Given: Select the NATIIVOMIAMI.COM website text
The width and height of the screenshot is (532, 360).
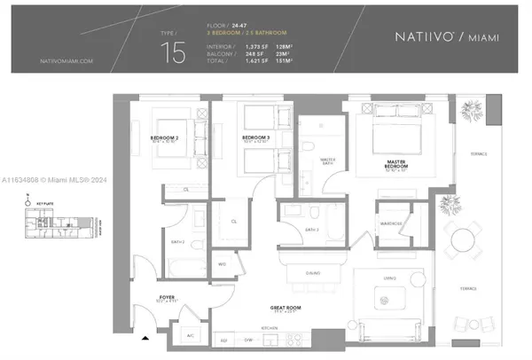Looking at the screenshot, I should point(66,61).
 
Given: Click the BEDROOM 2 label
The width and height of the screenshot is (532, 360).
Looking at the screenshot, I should point(165,137).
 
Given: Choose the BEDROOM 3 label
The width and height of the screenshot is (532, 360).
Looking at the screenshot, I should point(255,137).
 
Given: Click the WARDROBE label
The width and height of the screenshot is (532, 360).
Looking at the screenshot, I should point(391,223).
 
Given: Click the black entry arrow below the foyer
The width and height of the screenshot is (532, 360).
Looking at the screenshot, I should point(145,338).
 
